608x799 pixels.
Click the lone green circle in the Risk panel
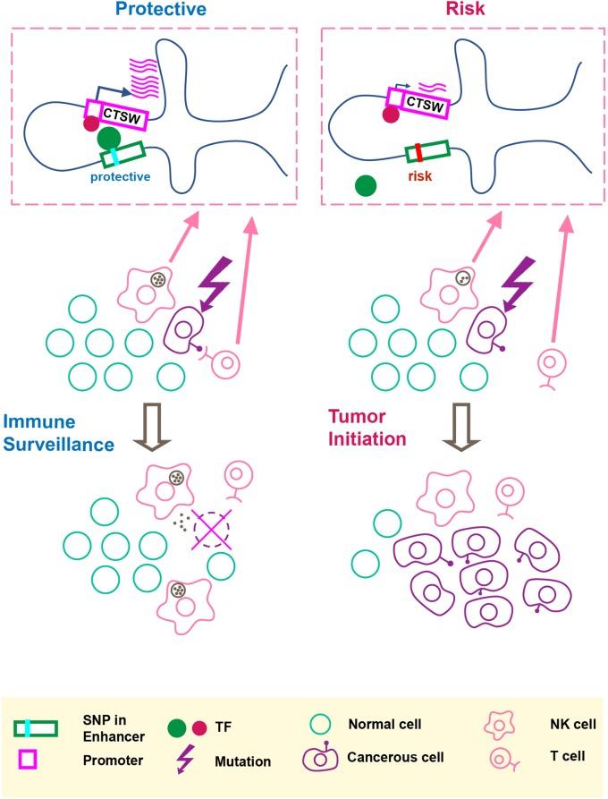364,185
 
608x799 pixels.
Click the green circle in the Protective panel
109,139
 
